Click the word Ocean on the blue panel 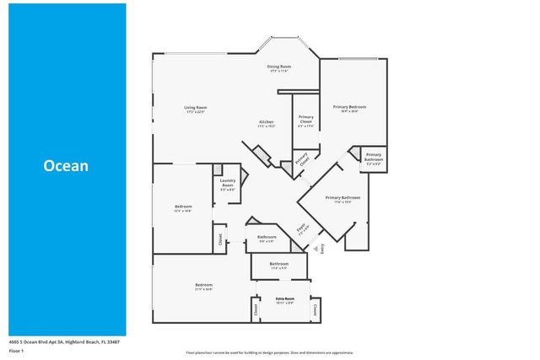point(66,166)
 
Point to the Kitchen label point(266,124)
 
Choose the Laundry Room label point(227,183)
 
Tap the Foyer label point(300,228)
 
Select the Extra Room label point(284,301)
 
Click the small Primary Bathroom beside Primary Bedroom point(374,157)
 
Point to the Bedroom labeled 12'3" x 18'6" point(183,208)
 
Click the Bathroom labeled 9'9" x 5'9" point(267,239)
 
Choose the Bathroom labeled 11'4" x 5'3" point(279,266)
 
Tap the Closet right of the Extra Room point(315,310)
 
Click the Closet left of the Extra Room point(255,310)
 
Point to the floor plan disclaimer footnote point(270,352)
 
